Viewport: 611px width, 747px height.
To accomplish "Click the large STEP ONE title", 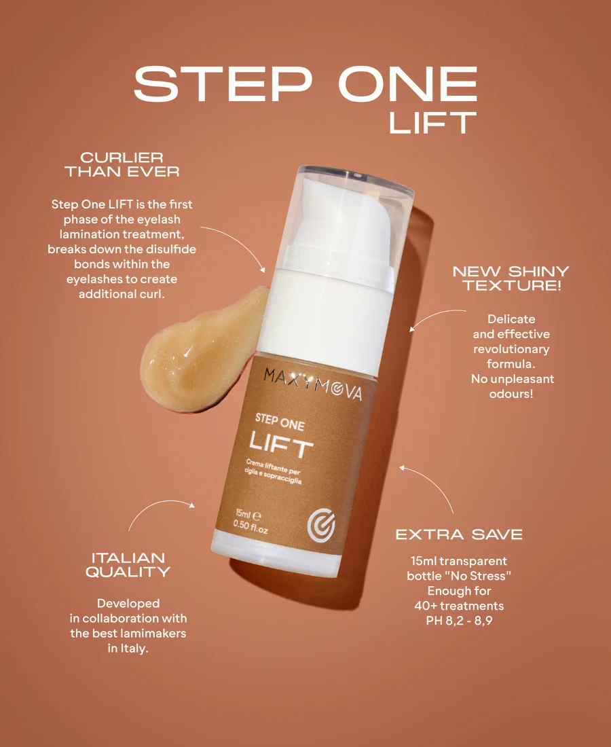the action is (x=305, y=84).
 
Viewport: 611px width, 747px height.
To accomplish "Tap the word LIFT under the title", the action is (x=432, y=123).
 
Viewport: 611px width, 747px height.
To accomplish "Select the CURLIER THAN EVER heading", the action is (x=122, y=164).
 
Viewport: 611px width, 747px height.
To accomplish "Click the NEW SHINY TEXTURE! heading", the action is (x=511, y=278).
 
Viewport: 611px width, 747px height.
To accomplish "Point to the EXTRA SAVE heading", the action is (x=459, y=534).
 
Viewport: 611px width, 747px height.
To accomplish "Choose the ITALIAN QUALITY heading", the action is (x=128, y=564).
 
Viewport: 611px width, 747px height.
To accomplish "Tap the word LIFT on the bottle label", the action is (x=281, y=446).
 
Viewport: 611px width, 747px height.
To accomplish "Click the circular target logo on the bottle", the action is (x=321, y=526).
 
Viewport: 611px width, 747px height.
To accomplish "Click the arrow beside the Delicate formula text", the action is (x=434, y=315).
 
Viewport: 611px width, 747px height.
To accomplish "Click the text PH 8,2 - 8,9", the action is (x=459, y=621).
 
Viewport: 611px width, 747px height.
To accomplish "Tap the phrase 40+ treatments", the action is (x=459, y=606).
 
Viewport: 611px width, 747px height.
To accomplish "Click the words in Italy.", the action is (x=128, y=649).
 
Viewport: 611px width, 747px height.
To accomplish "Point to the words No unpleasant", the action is (x=513, y=379).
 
